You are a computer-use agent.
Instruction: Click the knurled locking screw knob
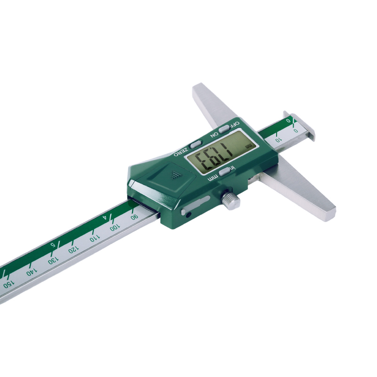tap(230, 200)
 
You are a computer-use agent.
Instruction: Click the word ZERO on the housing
tap(180, 152)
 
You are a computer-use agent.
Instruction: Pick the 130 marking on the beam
tap(53, 260)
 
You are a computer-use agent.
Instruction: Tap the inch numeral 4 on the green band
tap(105, 218)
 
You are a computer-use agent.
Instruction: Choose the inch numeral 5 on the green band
tap(52, 245)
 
